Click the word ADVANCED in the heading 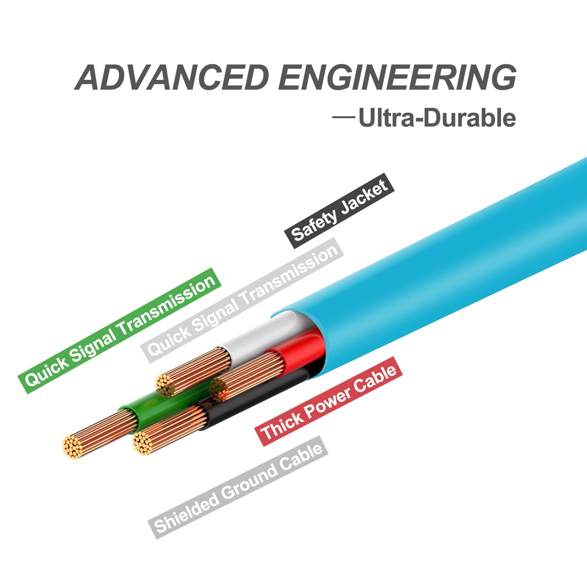coord(172,77)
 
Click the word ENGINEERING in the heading coord(397,77)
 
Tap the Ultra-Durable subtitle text coord(437,118)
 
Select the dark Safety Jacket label coord(339,211)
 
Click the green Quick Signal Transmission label coord(120,330)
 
